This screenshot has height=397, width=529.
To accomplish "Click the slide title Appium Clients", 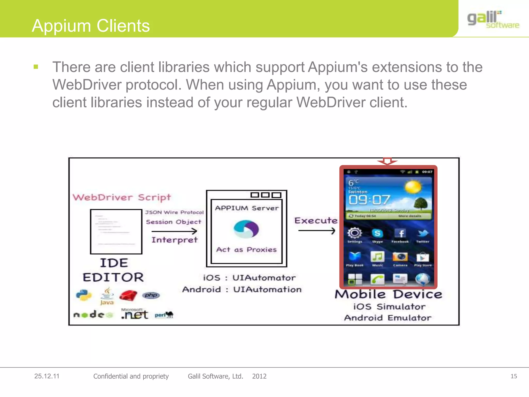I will point(91,26).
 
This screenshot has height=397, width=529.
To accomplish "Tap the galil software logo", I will point(493,20).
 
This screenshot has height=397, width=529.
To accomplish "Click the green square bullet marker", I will point(36,67).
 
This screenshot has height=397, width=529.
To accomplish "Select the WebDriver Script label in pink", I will point(122,197).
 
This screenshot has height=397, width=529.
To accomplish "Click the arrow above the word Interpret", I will point(174,231).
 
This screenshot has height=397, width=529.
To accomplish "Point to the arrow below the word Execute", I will point(316,230).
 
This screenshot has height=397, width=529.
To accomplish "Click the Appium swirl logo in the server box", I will point(246,229).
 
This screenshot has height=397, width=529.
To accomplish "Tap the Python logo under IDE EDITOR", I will point(84,295).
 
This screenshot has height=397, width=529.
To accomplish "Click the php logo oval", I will point(151,295).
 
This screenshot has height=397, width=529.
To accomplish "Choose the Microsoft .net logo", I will point(135,314).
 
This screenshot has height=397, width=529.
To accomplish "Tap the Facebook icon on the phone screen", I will point(400,233).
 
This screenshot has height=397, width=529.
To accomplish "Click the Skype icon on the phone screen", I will point(377,233).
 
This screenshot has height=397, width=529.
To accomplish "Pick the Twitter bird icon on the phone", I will point(423,233).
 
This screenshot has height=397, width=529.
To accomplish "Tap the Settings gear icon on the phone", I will point(355,233).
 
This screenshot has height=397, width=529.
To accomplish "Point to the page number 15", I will point(514,376).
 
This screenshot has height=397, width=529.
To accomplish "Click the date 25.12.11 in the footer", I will point(47,376).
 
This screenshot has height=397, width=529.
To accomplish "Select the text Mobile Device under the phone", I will point(388,295).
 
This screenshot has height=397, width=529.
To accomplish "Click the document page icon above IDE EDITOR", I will point(116,232).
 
